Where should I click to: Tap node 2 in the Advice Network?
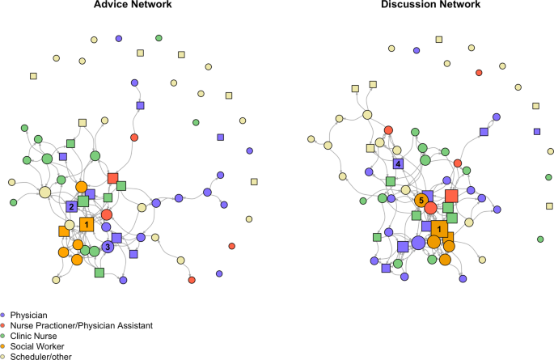point(72,206)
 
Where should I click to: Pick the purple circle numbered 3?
point(107,247)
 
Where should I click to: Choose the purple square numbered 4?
point(398,164)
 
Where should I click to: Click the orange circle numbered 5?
point(421,200)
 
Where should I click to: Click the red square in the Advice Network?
point(113,177)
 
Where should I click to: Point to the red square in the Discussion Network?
point(451,196)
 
